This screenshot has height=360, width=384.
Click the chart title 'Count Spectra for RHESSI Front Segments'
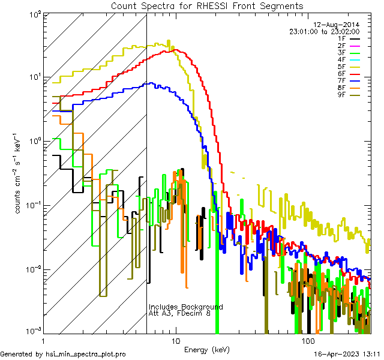[207, 5]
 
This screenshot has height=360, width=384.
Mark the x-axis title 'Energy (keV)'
[207, 349]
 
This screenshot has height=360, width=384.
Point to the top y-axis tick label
[32, 14]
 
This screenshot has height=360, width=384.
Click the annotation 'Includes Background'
[185, 307]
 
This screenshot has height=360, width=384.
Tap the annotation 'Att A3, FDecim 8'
[179, 314]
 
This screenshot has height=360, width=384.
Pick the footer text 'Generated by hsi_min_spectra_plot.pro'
[63, 354]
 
